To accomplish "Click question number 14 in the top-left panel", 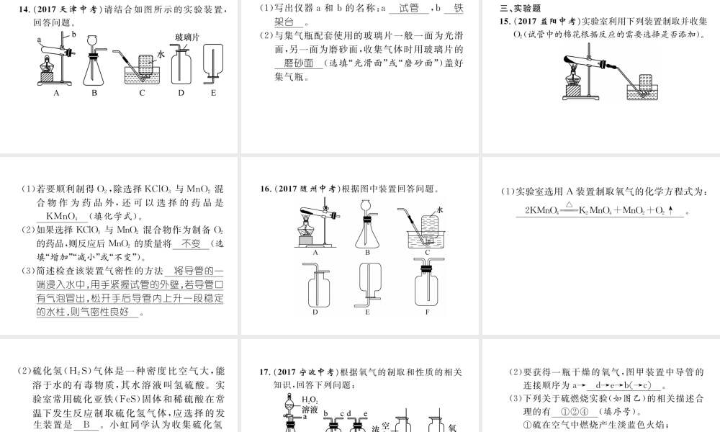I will [25, 9].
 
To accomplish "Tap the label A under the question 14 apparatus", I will [55, 93].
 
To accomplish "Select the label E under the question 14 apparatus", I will [213, 93].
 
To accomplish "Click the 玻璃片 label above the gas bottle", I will [187, 36].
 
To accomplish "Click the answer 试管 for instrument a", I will [408, 9].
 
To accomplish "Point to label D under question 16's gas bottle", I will [315, 312].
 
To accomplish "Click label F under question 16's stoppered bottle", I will [426, 312].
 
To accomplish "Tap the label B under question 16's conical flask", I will [367, 252].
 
